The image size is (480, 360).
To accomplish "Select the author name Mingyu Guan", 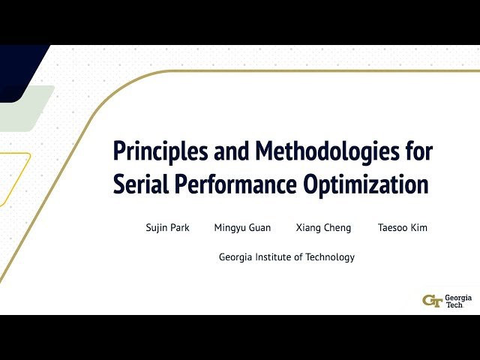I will click(x=242, y=228).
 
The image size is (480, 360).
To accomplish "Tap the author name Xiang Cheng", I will click(x=323, y=228).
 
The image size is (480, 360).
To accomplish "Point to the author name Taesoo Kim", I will click(x=403, y=228).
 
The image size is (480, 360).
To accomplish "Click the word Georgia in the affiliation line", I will click(x=236, y=257).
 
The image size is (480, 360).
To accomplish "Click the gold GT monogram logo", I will click(x=432, y=301).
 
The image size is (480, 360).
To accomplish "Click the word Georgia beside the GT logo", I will click(x=458, y=297).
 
